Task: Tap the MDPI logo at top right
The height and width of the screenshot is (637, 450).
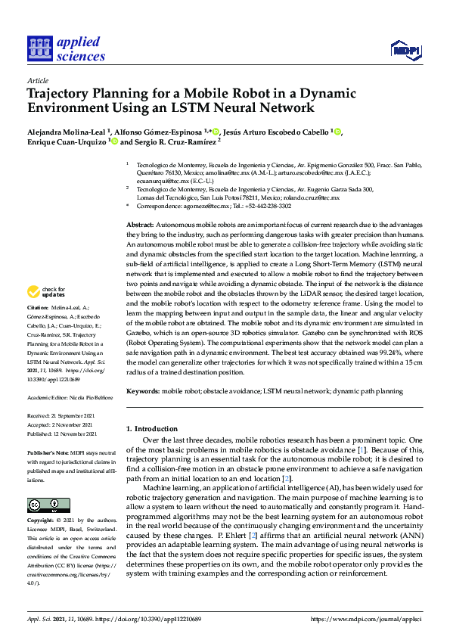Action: (405, 51)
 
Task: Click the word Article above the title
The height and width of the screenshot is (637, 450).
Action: (38, 80)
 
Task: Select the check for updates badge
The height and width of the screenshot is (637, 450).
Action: (48, 291)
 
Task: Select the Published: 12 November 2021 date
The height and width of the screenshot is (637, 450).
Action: (64, 433)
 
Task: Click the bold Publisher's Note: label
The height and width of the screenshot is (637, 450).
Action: (49, 452)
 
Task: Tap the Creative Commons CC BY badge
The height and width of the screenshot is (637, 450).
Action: (48, 505)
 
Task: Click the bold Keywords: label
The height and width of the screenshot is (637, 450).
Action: (142, 391)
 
